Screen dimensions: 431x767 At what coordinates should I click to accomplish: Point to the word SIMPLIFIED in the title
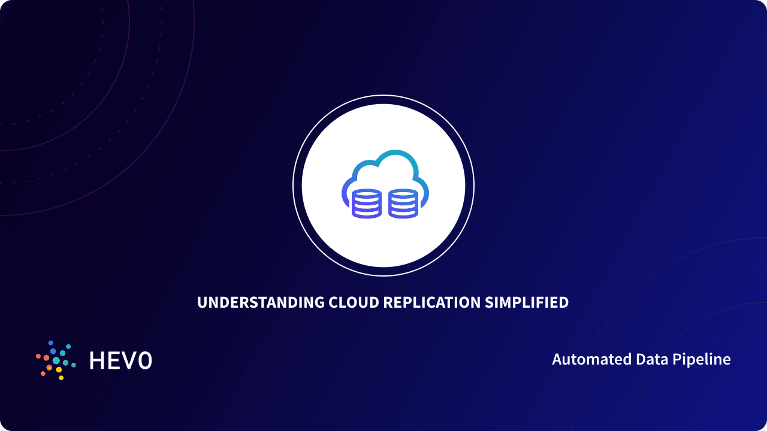pyautogui.click(x=527, y=303)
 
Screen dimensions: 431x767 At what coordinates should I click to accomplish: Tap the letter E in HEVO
pyautogui.click(x=114, y=360)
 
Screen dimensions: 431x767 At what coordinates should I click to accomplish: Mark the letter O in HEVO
pyautogui.click(x=144, y=360)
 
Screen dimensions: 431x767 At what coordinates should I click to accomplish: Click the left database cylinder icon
pyautogui.click(x=366, y=204)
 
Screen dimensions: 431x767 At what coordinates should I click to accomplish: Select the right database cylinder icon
pyautogui.click(x=403, y=204)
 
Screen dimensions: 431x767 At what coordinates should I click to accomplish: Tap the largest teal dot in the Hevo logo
pyautogui.click(x=56, y=360)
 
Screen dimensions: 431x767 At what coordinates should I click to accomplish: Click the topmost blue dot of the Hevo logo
pyautogui.click(x=51, y=343)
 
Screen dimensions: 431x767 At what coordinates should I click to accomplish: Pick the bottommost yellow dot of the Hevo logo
pyautogui.click(x=61, y=378)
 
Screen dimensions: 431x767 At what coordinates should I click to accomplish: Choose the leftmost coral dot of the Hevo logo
pyautogui.click(x=38, y=356)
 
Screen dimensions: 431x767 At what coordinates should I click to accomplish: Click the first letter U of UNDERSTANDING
pyautogui.click(x=202, y=303)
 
